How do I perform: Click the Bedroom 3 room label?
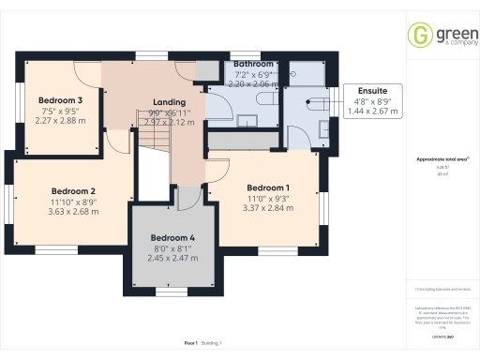[x=54, y=99]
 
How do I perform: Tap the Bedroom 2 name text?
[x=73, y=189]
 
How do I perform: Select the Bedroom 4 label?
[x=173, y=237]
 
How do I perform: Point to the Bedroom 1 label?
[x=268, y=187]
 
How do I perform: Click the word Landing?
[x=169, y=101]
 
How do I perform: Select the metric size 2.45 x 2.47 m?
[x=173, y=258]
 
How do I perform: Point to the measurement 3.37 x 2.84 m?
[x=268, y=208]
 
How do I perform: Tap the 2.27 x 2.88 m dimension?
[x=54, y=120]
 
